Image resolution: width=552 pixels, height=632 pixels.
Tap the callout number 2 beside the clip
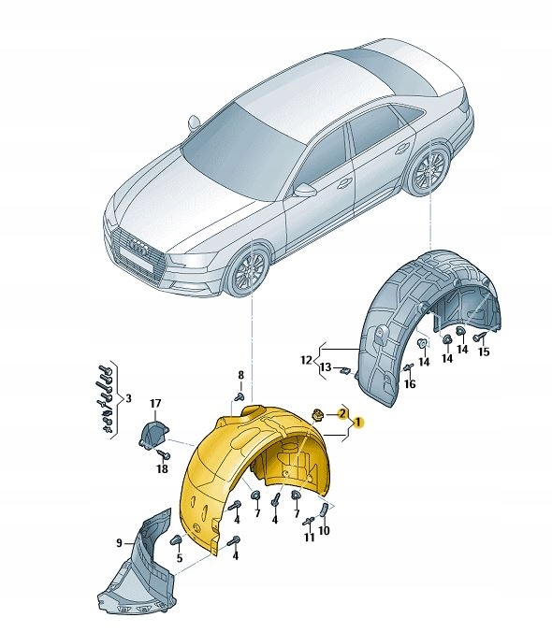(x=342, y=412)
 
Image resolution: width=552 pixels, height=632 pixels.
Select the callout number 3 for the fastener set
(x=128, y=397)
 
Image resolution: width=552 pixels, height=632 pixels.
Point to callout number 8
(x=240, y=375)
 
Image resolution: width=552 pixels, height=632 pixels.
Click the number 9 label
(x=120, y=543)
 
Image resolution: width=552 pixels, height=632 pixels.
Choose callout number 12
(x=305, y=359)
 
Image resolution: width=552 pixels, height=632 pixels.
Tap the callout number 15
(x=484, y=352)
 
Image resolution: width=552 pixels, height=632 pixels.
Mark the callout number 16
(x=409, y=384)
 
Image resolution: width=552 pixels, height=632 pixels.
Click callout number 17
(x=156, y=404)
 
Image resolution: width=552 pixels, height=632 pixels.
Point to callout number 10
(x=324, y=532)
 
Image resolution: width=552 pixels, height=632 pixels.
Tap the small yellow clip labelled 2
(x=317, y=415)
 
